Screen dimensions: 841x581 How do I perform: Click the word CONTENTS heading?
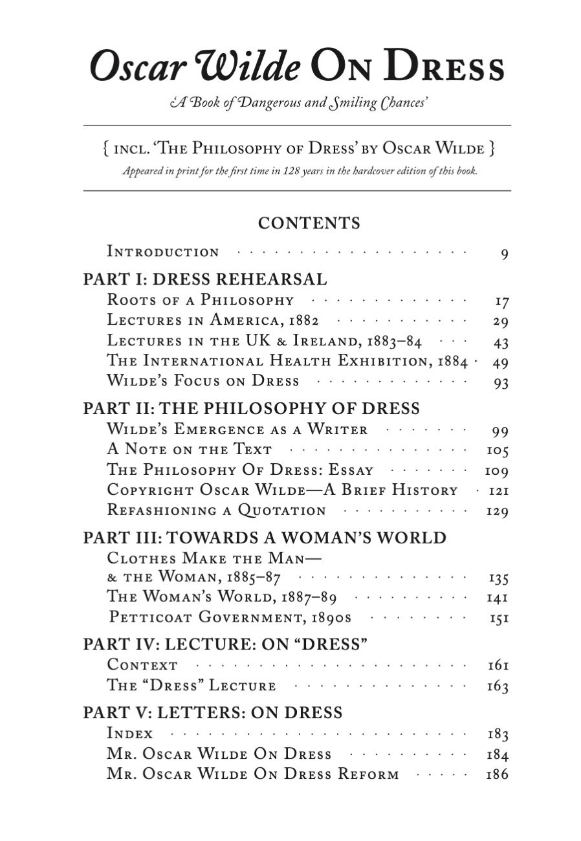[309, 223]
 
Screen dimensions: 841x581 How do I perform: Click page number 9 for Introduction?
[504, 254]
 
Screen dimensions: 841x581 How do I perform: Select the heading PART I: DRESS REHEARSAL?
[205, 279]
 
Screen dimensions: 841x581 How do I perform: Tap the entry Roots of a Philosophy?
[200, 301]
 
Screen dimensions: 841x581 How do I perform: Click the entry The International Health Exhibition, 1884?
[287, 361]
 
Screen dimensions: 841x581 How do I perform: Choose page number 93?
[500, 383]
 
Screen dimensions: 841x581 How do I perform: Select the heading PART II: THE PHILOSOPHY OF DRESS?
[252, 409]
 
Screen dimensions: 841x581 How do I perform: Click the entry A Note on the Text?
[189, 450]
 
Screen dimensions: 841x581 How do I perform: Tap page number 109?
[497, 470]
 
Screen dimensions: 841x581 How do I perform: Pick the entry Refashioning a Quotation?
[216, 511]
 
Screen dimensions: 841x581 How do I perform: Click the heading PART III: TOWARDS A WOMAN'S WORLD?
[265, 538]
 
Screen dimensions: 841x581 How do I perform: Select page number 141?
[498, 597]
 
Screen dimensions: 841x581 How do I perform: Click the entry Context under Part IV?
[142, 665]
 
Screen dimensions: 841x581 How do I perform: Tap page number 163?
[498, 686]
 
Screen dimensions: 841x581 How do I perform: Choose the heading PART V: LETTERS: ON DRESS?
[213, 713]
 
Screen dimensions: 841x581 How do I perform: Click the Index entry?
[130, 734]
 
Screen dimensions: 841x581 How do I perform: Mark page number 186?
[498, 774]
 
